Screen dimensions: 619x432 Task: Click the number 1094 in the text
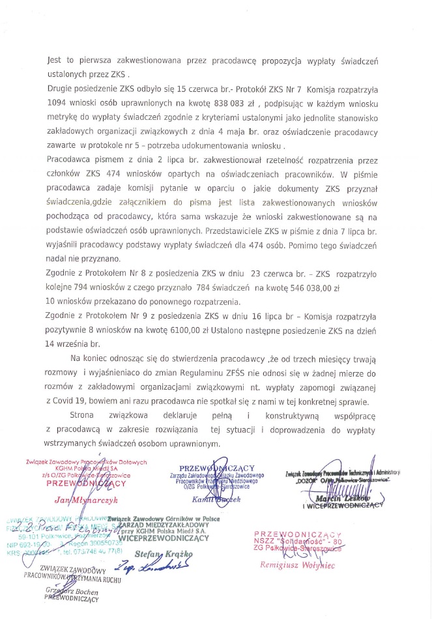pyautogui.click(x=59, y=103)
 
